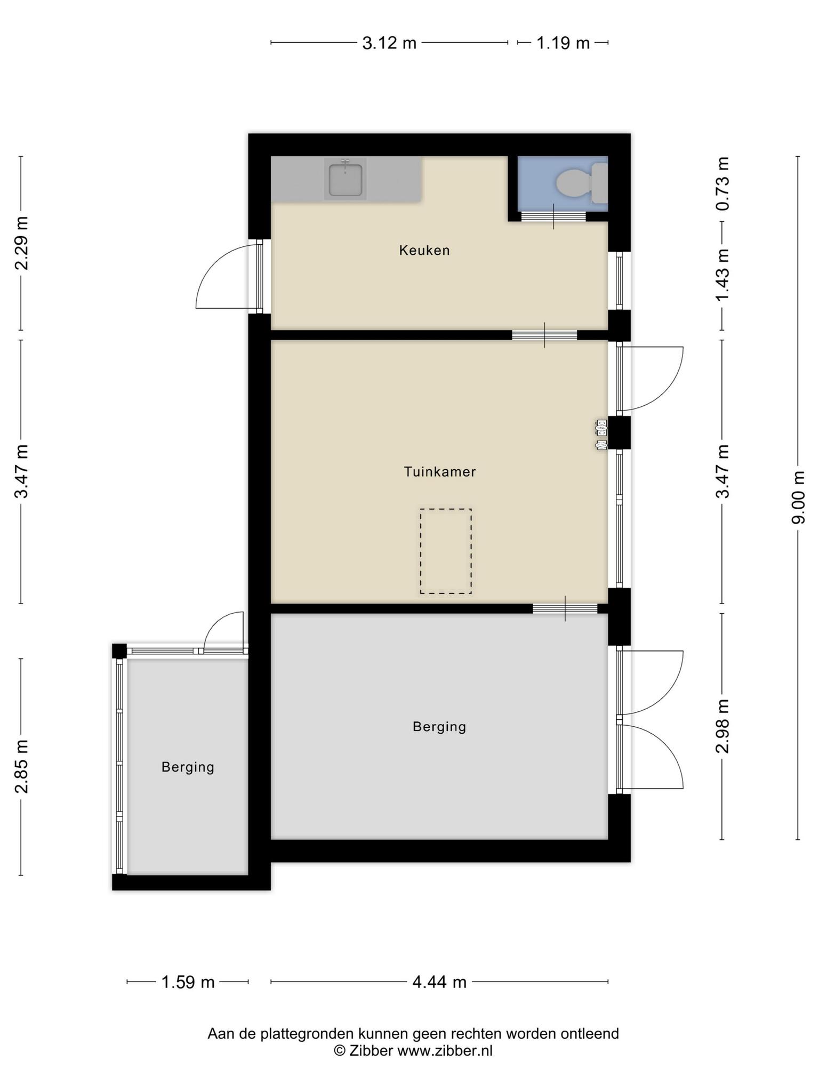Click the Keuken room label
point(424,250)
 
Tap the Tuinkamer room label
point(440,472)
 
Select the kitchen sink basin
point(346,180)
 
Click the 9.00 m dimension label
point(798,497)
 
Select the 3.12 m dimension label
point(389,43)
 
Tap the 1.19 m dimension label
point(563,43)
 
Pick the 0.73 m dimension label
point(722,183)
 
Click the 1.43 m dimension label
point(722,275)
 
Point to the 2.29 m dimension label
point(21,243)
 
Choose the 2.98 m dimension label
point(722,726)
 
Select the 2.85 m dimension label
point(21,767)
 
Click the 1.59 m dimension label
point(188,982)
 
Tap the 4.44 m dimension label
point(439,982)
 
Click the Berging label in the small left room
point(188,767)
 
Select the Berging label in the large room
point(439,727)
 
